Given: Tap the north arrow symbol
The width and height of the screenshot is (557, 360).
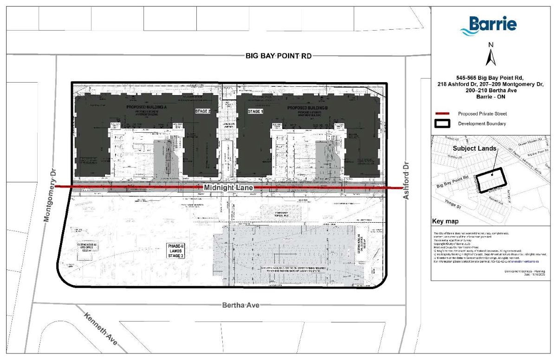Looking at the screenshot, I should (x=491, y=55).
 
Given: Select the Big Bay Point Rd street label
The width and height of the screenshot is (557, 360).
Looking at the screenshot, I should (x=278, y=56).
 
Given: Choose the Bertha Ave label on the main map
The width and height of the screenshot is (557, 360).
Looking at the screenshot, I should (x=240, y=305).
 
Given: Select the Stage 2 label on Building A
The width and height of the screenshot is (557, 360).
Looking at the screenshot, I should (x=202, y=112).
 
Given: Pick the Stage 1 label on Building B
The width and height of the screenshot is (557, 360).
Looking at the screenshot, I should (x=255, y=112).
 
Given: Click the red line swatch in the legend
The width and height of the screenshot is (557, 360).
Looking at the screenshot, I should (x=444, y=114).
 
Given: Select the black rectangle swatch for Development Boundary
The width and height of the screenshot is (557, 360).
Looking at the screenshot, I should (x=444, y=124).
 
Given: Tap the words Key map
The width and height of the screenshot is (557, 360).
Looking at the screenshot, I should (x=445, y=222).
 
